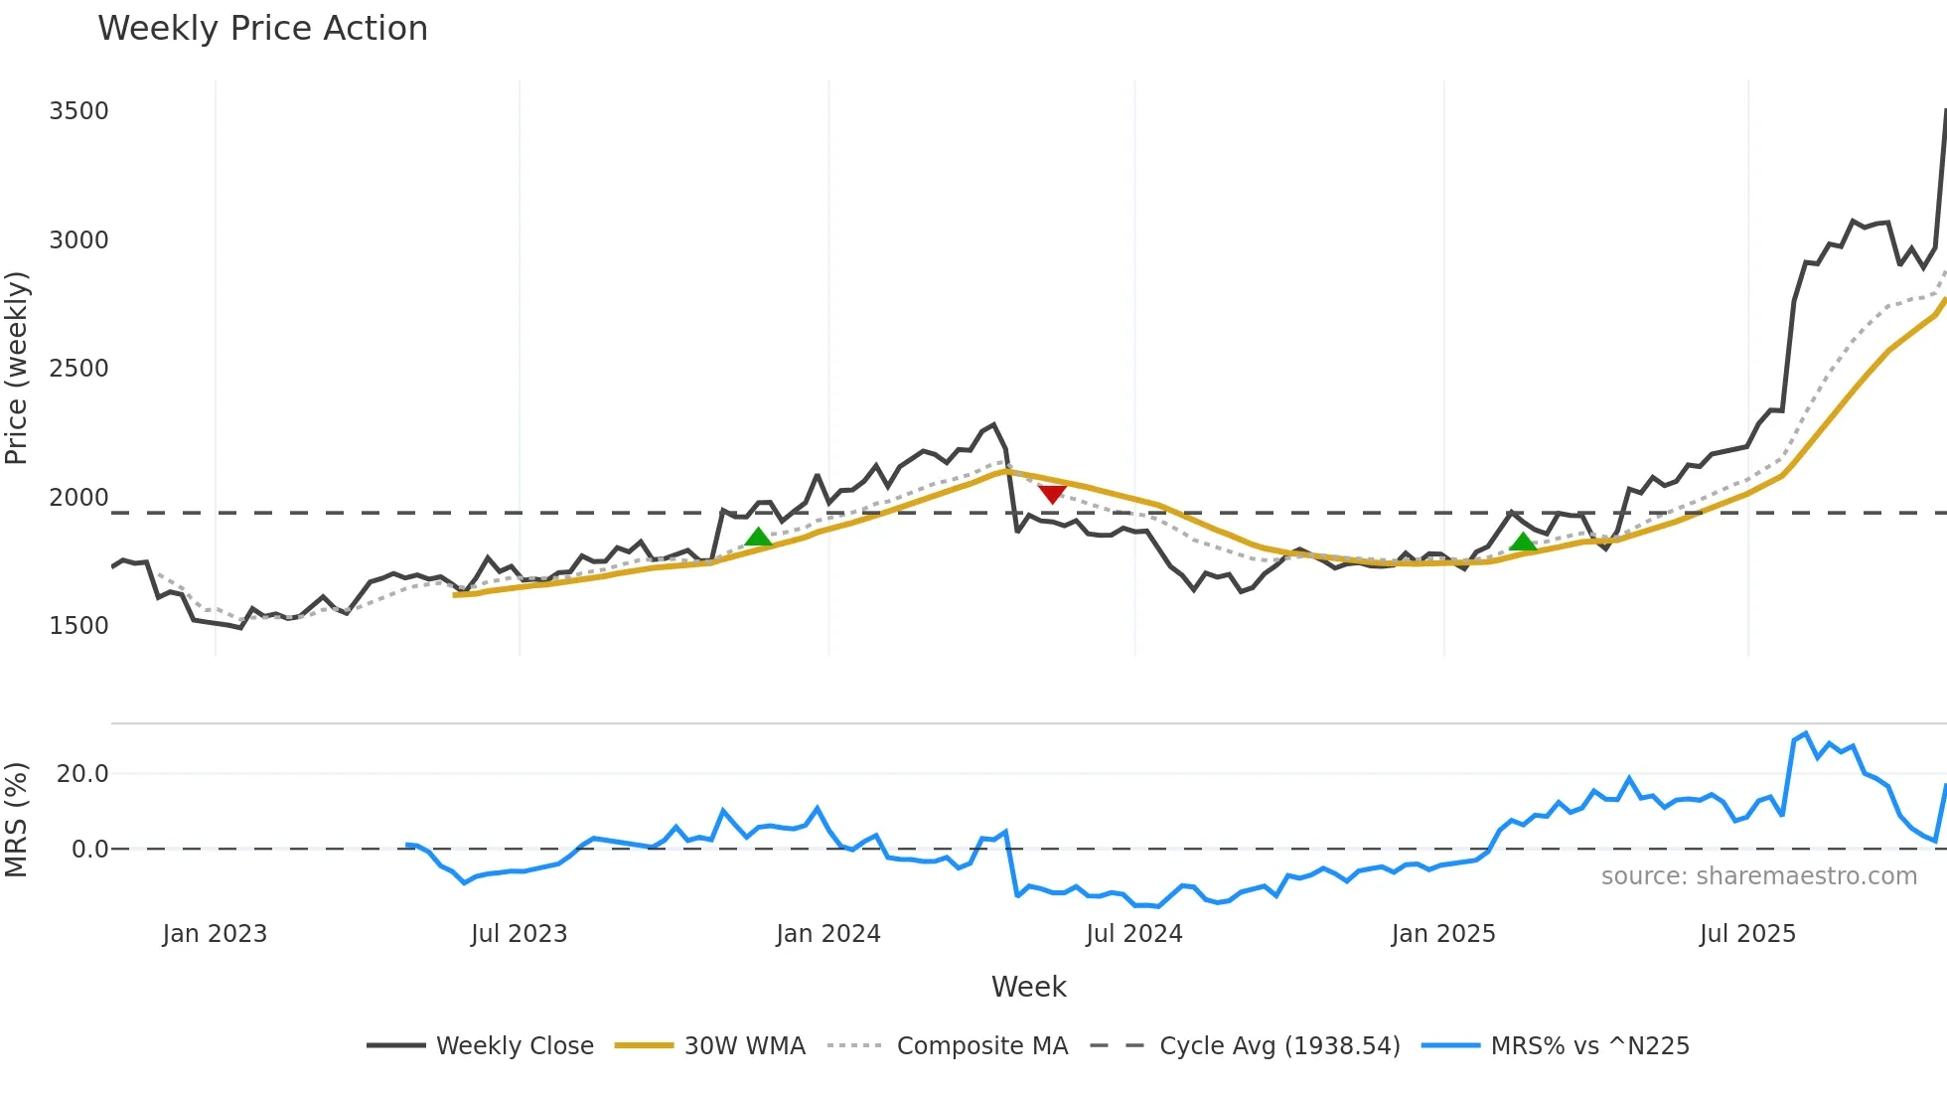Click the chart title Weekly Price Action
pos(262,29)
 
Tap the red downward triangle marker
pos(1052,494)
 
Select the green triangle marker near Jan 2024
pos(758,538)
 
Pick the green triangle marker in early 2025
pos(1523,542)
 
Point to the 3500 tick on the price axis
pos(78,111)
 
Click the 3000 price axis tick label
pos(78,240)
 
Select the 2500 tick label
pos(78,369)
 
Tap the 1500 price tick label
pos(78,626)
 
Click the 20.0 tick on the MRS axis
pos(82,774)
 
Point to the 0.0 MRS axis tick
pos(89,850)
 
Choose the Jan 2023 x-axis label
pos(215,934)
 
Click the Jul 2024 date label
pos(1133,934)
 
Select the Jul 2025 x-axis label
pos(1747,934)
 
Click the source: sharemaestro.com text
pos(1758,876)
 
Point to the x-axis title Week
pos(1028,988)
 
